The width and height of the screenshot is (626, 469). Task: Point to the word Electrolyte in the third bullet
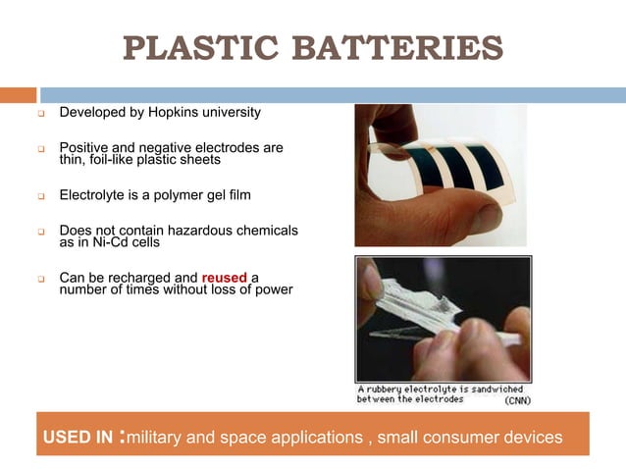pos(94,195)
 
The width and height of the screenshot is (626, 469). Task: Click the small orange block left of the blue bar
pos(18,95)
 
